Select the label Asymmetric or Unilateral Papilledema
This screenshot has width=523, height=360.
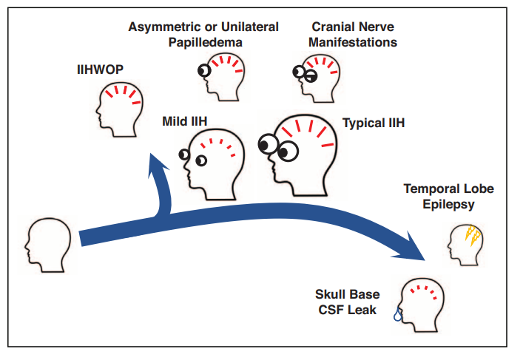coord(203,34)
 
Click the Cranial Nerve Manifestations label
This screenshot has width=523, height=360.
coord(344,34)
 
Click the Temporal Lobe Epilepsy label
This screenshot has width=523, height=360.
coord(448,196)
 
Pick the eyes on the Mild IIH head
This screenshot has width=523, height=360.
coord(192,157)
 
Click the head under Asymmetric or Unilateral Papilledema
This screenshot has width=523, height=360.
coord(225,74)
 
